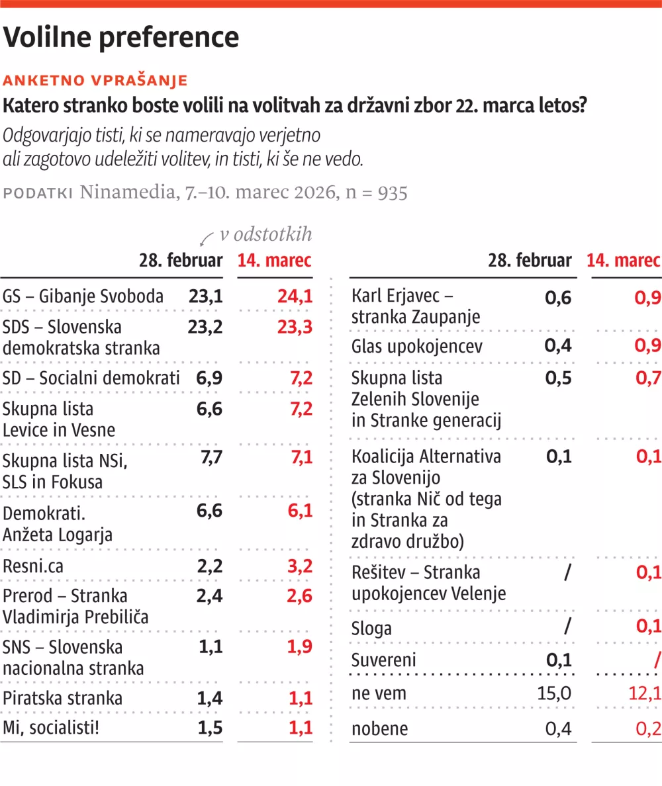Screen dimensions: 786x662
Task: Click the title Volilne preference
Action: [x=121, y=38]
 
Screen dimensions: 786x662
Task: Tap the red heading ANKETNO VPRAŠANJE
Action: [x=95, y=81]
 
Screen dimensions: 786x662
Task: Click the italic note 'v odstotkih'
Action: [x=265, y=235]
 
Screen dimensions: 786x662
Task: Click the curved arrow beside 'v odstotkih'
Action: [x=207, y=238]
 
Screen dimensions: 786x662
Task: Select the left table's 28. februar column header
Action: [x=181, y=261]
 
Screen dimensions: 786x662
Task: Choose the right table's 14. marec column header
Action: [x=624, y=261]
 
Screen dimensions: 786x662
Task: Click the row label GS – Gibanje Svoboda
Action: [x=83, y=296]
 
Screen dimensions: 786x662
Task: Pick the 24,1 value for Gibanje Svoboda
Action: [x=295, y=296]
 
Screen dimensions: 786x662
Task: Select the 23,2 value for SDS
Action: [x=205, y=327]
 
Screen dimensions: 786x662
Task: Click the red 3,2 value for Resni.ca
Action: [x=299, y=566]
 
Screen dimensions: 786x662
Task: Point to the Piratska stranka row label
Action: [x=63, y=698]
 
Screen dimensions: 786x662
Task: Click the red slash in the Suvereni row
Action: [x=656, y=660]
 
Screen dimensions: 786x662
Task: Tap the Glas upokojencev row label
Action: [x=417, y=346]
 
